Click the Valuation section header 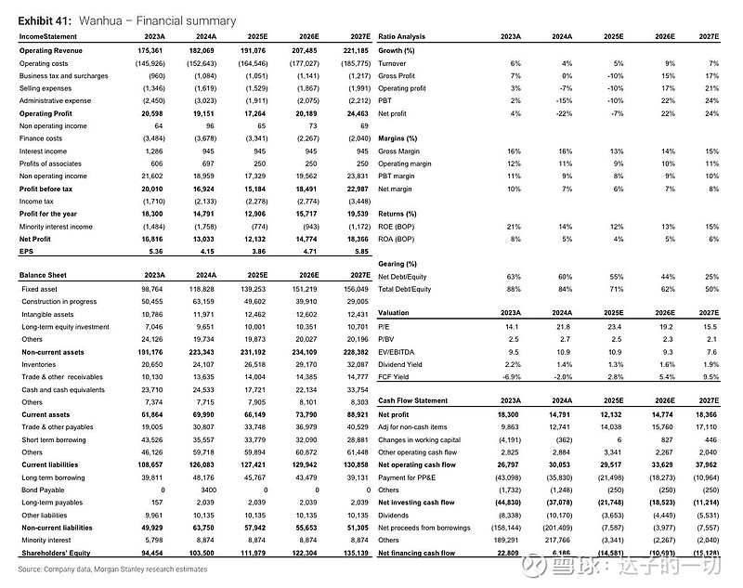[394, 314]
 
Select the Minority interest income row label [56, 226]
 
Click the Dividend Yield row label [402, 364]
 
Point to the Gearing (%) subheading [398, 264]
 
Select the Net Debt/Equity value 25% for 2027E [710, 277]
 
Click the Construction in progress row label [59, 302]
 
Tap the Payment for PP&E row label [409, 476]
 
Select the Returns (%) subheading [397, 213]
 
